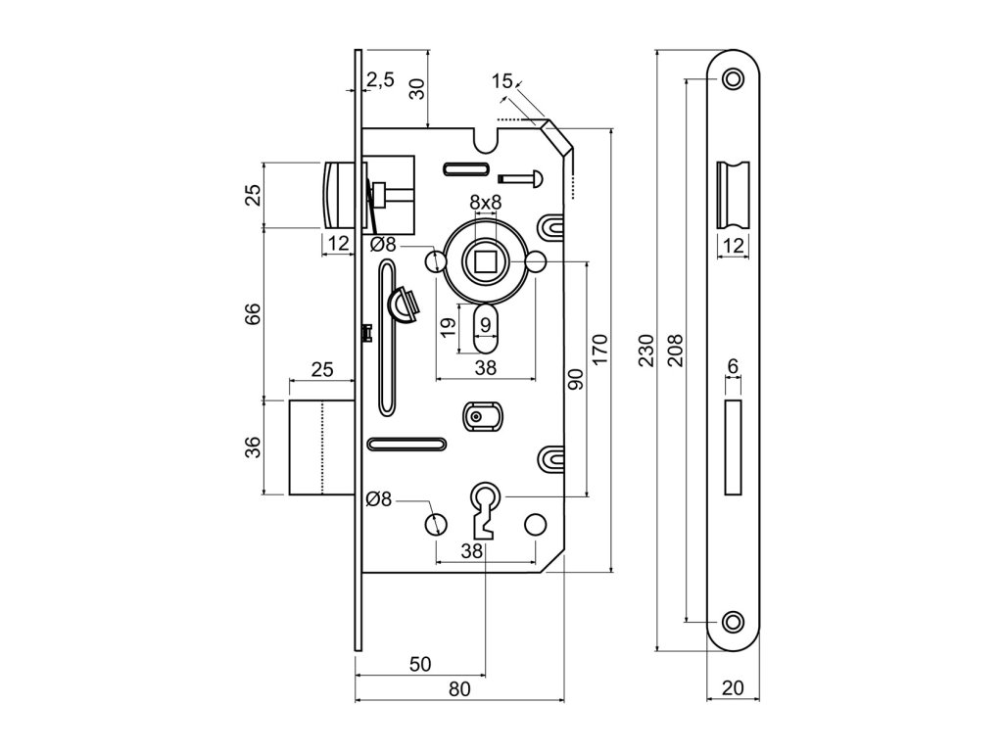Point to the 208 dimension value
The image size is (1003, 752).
[x=674, y=350]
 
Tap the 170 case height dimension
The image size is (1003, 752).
[x=600, y=348]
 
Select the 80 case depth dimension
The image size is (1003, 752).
[x=459, y=688]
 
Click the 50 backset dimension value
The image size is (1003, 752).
[x=419, y=664]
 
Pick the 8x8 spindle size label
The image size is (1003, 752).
[x=485, y=203]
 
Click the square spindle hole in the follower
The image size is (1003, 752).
[x=485, y=262]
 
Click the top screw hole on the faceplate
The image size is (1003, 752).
[x=733, y=78]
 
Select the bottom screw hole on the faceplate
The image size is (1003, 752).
[x=733, y=621]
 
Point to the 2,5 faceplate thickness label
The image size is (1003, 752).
[x=380, y=80]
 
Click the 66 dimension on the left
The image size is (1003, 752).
[x=252, y=313]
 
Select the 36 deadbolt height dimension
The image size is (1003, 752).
[x=252, y=447]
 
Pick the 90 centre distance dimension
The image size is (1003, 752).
[x=575, y=379]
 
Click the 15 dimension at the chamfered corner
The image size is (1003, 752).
[x=501, y=81]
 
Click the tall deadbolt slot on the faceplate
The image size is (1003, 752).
[x=733, y=446]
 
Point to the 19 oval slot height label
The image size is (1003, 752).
[x=447, y=326]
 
